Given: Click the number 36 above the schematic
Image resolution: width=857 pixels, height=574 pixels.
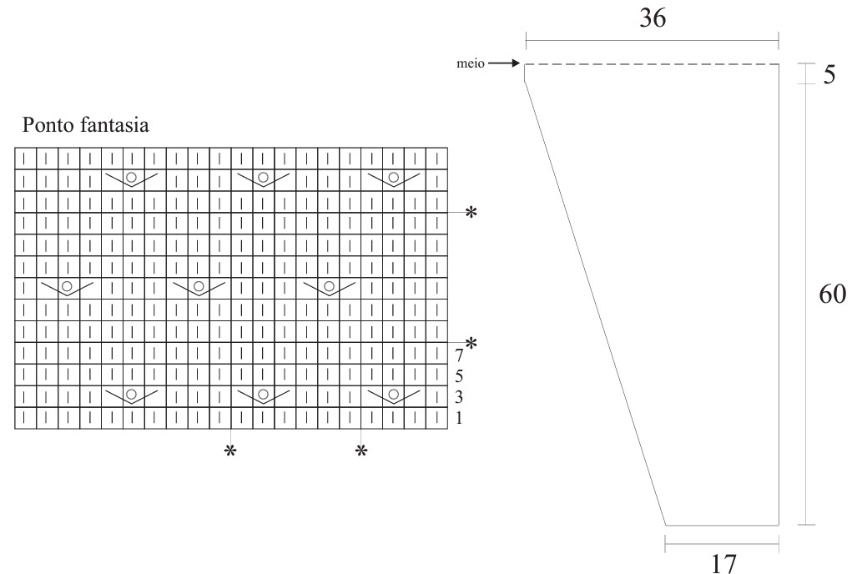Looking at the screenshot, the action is click(x=653, y=18).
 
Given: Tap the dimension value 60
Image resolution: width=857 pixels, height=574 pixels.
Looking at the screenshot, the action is click(x=832, y=295).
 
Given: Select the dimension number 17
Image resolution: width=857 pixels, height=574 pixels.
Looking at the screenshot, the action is click(x=723, y=564).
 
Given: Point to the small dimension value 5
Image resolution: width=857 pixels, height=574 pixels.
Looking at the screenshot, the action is click(x=829, y=74).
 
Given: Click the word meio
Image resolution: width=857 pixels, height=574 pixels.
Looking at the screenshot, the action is click(x=471, y=63).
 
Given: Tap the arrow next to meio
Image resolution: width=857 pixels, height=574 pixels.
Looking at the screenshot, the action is click(x=504, y=63).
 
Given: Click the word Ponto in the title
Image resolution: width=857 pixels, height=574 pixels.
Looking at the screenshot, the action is click(x=48, y=125).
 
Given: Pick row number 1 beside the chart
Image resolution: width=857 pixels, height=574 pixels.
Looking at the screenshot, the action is click(x=459, y=418).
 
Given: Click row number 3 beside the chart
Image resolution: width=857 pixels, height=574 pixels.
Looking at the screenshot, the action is click(x=459, y=396).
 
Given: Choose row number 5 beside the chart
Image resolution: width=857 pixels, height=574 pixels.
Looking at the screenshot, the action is click(x=459, y=375).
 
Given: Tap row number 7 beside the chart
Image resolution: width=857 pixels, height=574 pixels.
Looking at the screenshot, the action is click(x=459, y=355).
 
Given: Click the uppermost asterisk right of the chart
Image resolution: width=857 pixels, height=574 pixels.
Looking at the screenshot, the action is click(x=471, y=212).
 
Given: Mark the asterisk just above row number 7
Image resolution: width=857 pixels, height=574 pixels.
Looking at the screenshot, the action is click(x=471, y=343).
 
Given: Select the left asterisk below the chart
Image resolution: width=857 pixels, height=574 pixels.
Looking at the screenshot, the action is click(x=230, y=451).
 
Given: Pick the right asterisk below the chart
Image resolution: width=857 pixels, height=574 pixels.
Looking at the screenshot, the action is click(x=361, y=451).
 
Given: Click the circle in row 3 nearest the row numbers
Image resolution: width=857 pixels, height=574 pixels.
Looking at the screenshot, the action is click(x=394, y=394).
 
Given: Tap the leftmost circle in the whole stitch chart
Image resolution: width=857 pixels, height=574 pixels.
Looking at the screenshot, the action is click(x=68, y=286).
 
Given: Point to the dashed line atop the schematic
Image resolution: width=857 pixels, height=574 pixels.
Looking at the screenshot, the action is click(x=652, y=64).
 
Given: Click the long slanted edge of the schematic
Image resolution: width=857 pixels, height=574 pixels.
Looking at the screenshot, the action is click(x=596, y=304).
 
